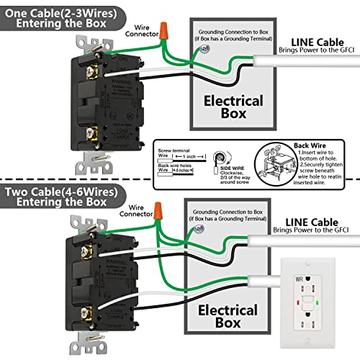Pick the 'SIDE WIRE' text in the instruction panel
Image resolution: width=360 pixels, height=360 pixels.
225,166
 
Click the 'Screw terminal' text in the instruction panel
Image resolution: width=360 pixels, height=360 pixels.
172,149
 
